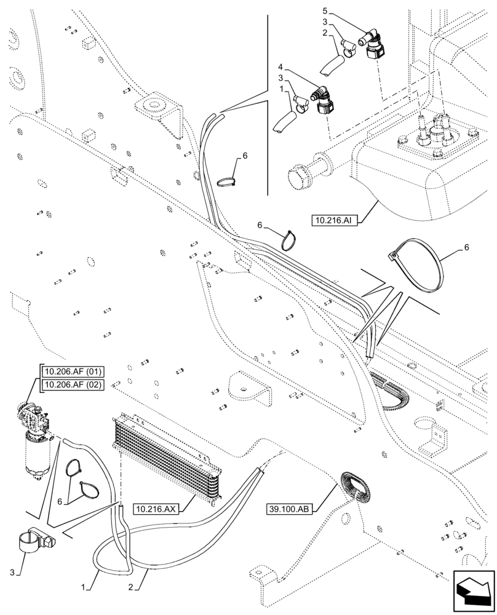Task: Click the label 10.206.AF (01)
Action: (x=73, y=371)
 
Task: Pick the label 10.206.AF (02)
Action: (x=73, y=385)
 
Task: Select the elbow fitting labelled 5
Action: (x=373, y=45)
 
